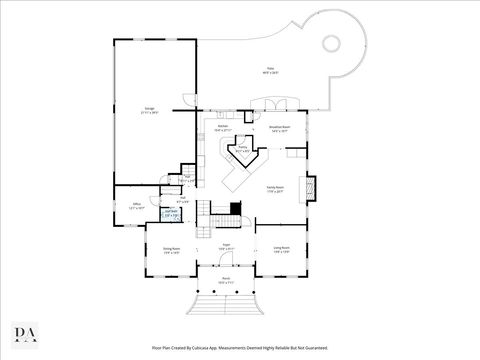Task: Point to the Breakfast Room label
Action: [x=279, y=128]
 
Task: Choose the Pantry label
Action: [x=241, y=151]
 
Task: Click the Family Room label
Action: [x=275, y=188]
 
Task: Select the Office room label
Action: [x=137, y=206]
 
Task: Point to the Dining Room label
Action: [x=171, y=250]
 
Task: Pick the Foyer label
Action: [x=227, y=247]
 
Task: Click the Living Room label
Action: [x=281, y=249]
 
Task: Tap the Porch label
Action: [x=226, y=281]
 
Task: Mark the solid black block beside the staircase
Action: [x=236, y=209]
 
